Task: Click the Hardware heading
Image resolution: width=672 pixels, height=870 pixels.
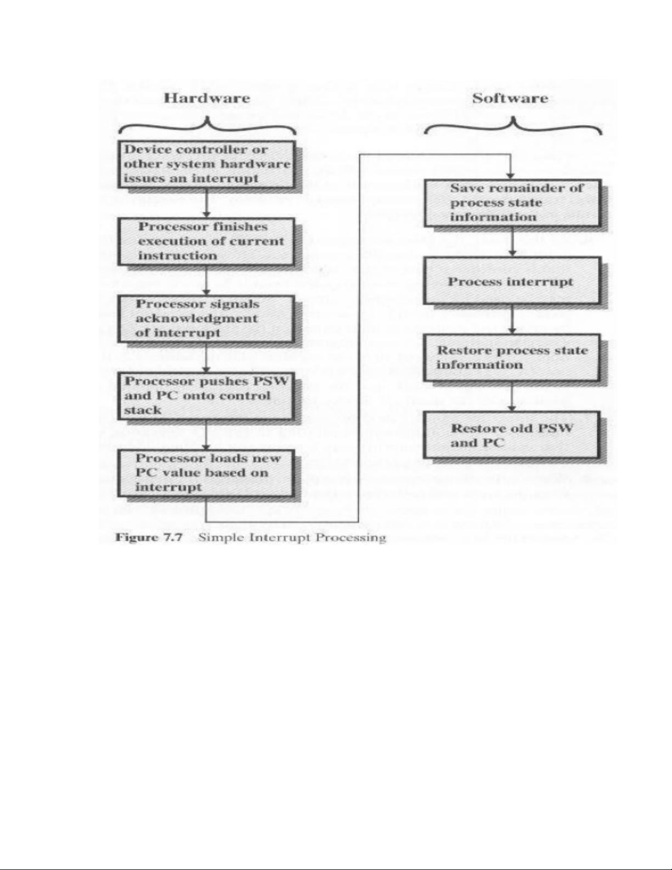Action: click(207, 99)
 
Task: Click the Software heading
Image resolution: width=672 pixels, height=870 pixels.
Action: click(510, 99)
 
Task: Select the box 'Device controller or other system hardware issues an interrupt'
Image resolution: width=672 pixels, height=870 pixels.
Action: click(206, 164)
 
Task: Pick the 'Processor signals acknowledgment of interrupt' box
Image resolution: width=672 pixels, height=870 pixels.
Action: click(206, 318)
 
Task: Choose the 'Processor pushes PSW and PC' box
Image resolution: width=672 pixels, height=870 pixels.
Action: click(206, 396)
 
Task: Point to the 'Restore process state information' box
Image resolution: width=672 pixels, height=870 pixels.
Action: click(511, 358)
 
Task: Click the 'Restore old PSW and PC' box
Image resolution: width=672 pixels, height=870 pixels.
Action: click(511, 436)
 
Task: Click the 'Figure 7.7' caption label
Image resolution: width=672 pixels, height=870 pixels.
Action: click(149, 537)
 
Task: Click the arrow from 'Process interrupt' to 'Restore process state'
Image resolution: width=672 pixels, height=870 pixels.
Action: click(512, 320)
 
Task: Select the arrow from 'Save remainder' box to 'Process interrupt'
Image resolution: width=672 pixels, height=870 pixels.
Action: click(512, 242)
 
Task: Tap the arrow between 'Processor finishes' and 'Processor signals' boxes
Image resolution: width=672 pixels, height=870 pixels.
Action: click(206, 280)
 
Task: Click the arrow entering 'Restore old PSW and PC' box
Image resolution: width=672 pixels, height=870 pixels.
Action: click(512, 397)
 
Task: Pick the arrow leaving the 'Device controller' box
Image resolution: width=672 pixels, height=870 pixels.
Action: click(206, 203)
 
